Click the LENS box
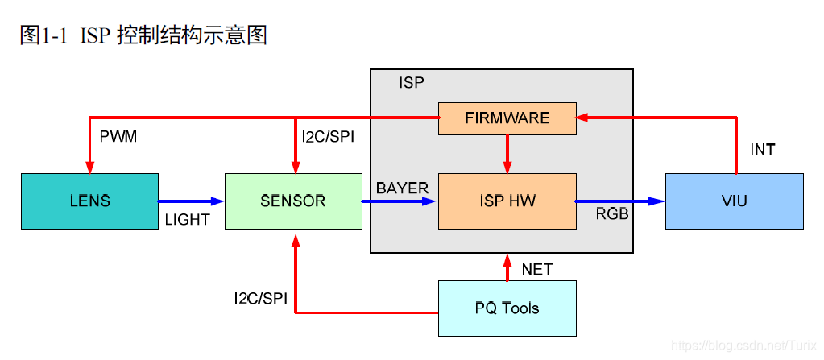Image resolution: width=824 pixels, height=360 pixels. (x=89, y=201)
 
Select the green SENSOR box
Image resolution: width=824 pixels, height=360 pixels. (x=293, y=201)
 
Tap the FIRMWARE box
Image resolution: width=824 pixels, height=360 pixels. (x=507, y=118)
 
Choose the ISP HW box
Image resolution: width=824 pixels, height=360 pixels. (x=507, y=201)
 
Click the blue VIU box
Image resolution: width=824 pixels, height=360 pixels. (x=734, y=201)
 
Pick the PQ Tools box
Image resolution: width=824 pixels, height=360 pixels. (x=507, y=308)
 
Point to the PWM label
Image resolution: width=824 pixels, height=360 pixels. (x=118, y=137)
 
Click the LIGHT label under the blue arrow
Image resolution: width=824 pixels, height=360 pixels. (x=187, y=219)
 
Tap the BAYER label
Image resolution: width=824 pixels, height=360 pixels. (x=402, y=187)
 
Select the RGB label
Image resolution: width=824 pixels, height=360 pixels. (x=612, y=215)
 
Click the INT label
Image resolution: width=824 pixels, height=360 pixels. (x=763, y=150)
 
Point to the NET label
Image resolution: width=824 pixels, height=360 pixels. (x=537, y=269)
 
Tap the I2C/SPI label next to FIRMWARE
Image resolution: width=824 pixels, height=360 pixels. (x=328, y=137)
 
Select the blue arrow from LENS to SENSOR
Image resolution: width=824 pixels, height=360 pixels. (x=191, y=201)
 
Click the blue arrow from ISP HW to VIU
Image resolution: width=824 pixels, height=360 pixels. (x=620, y=201)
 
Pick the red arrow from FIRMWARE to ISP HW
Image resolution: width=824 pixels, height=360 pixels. (x=507, y=153)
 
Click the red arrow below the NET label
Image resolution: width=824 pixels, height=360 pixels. (x=507, y=267)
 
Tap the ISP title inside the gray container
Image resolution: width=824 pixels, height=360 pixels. (x=411, y=83)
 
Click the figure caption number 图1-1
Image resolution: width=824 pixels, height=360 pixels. (x=40, y=35)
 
